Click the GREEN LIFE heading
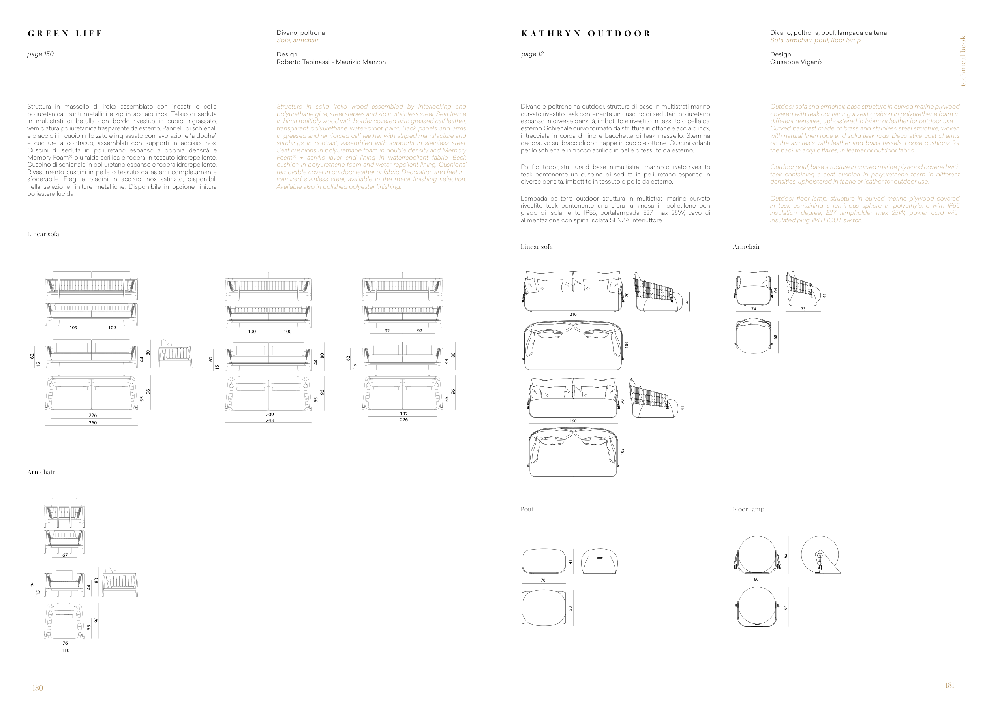pyautogui.click(x=65, y=34)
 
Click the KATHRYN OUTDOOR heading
pyautogui.click(x=585, y=34)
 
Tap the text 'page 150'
pyautogui.click(x=40, y=54)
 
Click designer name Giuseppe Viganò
pyautogui.click(x=796, y=62)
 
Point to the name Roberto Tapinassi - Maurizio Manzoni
pyautogui.click(x=332, y=62)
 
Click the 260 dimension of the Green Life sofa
pyautogui.click(x=92, y=423)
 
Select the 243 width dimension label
pyautogui.click(x=270, y=420)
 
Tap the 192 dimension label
pyautogui.click(x=403, y=414)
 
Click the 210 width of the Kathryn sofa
pyautogui.click(x=572, y=315)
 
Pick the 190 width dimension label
pyautogui.click(x=573, y=421)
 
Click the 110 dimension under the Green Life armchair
pyautogui.click(x=65, y=651)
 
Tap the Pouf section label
pyautogui.click(x=527, y=509)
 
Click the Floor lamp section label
pyautogui.click(x=748, y=509)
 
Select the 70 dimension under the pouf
pyautogui.click(x=543, y=580)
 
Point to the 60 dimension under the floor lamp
pyautogui.click(x=756, y=580)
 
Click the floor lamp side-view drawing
pyautogui.click(x=820, y=556)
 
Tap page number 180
pyautogui.click(x=38, y=688)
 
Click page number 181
pyautogui.click(x=949, y=685)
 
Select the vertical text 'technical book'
pyautogui.click(x=963, y=61)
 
